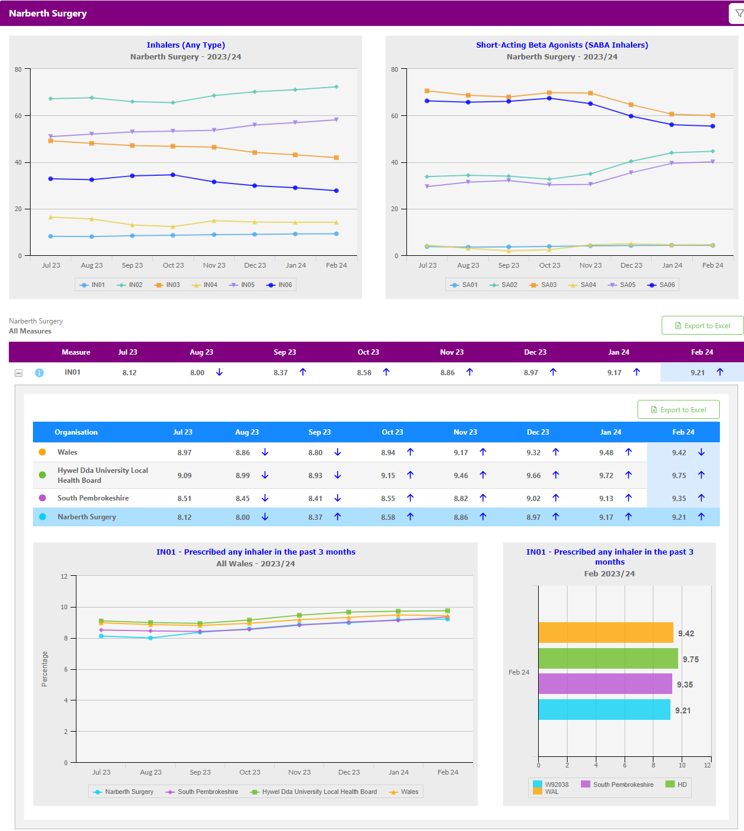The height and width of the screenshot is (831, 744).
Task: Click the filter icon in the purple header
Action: (739, 14)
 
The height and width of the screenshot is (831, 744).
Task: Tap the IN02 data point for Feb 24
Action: (336, 87)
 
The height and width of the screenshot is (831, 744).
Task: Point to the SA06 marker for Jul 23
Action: (427, 101)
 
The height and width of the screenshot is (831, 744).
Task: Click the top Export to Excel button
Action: (702, 326)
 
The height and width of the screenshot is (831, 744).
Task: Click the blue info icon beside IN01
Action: (39, 373)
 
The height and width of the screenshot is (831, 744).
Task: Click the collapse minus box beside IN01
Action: (19, 373)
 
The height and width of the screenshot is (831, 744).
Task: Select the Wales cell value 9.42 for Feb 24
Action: (679, 453)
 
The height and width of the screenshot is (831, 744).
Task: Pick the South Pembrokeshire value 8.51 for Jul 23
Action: (184, 499)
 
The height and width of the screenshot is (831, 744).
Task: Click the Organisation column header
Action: (76, 432)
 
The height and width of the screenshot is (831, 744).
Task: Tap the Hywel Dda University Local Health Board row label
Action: (102, 475)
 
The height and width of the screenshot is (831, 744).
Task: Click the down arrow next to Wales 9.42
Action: (701, 452)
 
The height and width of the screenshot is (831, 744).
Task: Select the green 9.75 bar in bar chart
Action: (608, 659)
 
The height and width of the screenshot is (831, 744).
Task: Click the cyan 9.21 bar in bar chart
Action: (604, 709)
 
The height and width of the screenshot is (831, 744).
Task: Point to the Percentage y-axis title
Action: (45, 669)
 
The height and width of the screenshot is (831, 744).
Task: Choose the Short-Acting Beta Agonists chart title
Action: (562, 45)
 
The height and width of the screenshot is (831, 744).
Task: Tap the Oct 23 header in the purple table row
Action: (368, 352)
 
